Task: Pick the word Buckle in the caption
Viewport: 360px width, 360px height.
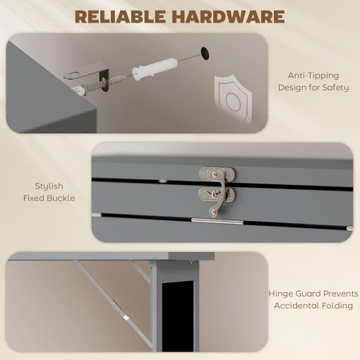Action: coord(63,198)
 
